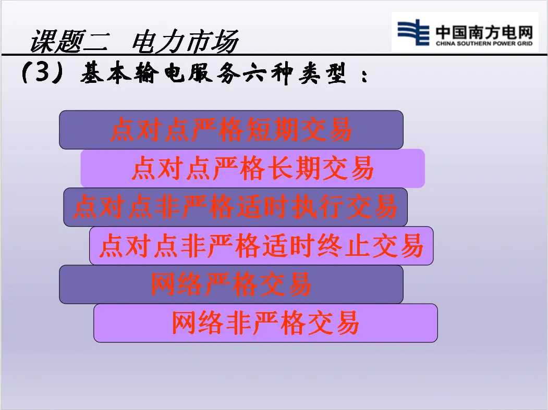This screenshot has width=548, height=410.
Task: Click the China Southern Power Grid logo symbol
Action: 413,32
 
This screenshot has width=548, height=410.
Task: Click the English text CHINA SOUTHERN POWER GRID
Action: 484,44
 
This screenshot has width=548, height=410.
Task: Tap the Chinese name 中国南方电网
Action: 484,32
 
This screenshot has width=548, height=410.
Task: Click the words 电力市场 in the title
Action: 185,41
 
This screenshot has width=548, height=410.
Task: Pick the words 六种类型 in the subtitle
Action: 294,73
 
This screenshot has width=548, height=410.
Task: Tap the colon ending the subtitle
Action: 364,76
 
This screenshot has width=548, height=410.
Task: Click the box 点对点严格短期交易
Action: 231,130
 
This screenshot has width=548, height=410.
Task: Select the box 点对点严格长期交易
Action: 253,168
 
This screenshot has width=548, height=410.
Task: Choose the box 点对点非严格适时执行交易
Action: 235,207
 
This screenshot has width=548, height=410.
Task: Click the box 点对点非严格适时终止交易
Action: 261,246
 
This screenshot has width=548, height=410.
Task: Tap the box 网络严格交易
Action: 231,284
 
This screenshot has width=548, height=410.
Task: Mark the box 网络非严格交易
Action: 265,323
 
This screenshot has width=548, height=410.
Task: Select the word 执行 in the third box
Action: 318,207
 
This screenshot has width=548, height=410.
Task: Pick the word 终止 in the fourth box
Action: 344,245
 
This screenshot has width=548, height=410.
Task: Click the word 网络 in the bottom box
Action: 198,323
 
